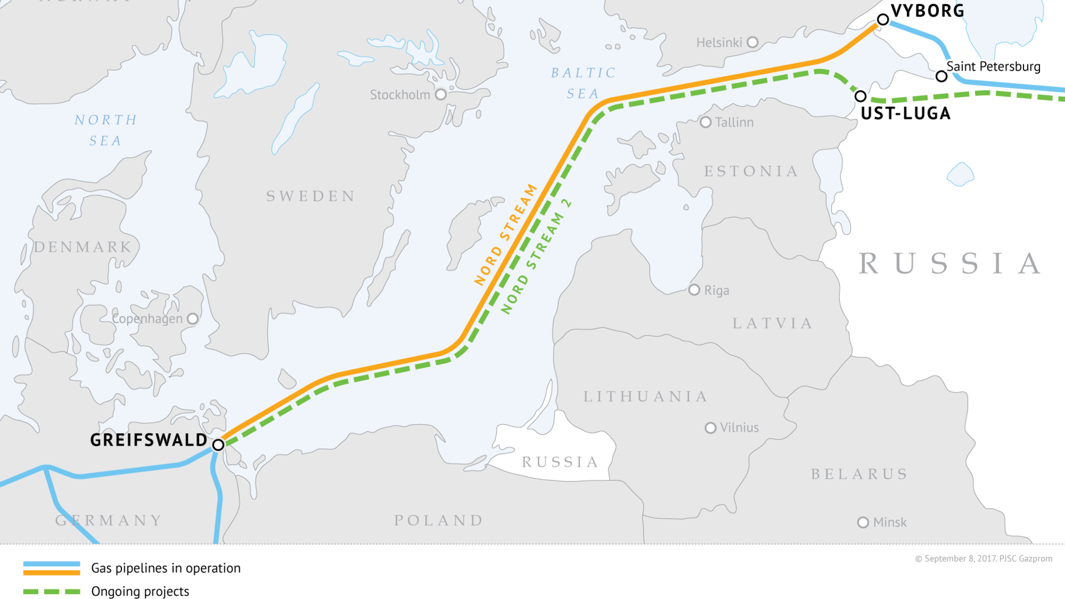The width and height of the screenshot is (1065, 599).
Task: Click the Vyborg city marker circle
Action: (883, 20)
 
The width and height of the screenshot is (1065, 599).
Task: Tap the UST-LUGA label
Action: (905, 114)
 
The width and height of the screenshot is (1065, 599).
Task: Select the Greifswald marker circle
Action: (219, 445)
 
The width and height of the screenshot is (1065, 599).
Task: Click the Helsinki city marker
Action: (753, 42)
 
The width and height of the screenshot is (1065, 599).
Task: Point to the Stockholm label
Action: (399, 95)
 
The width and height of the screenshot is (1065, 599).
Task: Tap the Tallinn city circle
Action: (706, 122)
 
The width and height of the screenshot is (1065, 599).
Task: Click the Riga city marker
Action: (694, 290)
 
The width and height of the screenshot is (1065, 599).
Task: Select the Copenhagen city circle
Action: (192, 319)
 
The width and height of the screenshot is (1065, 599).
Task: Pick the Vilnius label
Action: (739, 428)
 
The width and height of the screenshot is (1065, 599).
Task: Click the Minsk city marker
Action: (863, 522)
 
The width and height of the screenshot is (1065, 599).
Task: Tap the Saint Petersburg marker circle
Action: (941, 77)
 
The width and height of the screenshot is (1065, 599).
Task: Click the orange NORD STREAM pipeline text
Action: (505, 235)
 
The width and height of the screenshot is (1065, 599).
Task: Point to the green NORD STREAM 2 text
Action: (536, 256)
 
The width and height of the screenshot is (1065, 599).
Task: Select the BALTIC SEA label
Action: (583, 83)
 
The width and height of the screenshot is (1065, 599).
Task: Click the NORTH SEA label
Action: (105, 130)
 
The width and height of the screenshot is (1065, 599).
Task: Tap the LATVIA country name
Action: (773, 323)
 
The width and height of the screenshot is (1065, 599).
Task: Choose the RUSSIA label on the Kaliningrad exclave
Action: (560, 462)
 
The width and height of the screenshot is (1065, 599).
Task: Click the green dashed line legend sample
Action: (52, 591)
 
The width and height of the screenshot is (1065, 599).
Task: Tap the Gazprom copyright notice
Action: (983, 559)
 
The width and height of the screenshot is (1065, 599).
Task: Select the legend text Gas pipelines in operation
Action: (166, 568)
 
